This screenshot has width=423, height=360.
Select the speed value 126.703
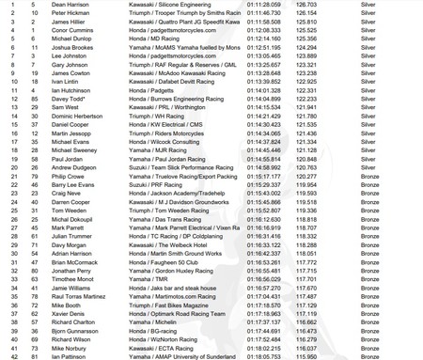[306, 6]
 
